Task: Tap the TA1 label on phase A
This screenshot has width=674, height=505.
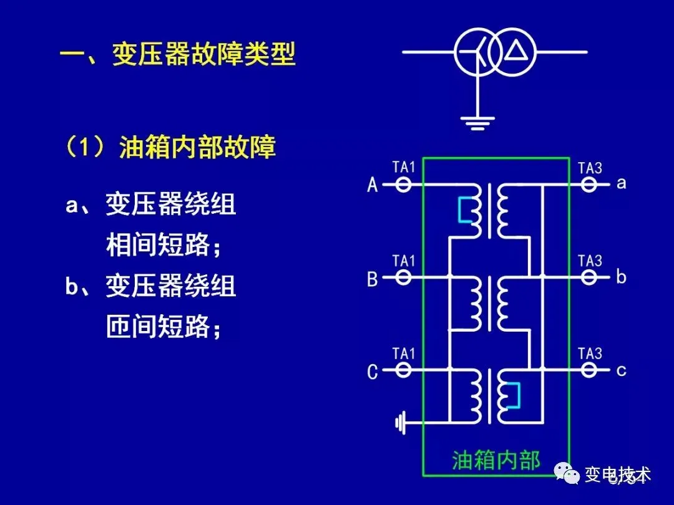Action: pos(404,167)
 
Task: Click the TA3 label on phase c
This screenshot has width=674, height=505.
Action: pos(590,353)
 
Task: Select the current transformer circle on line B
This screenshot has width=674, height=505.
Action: pos(404,276)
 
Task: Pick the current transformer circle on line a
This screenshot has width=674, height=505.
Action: pos(589,185)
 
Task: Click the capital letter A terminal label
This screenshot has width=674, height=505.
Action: pos(373,185)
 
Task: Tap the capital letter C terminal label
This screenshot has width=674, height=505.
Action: pos(373,372)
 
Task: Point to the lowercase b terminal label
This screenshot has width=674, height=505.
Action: pos(620,276)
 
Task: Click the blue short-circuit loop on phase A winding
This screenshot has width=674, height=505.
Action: pos(464,210)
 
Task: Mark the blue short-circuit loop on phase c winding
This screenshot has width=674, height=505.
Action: pos(514,395)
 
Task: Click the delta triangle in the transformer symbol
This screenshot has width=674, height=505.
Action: pos(515,50)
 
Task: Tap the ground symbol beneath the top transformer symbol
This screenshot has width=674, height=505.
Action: pos(477,122)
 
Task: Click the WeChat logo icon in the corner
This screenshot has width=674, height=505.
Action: pos(567,476)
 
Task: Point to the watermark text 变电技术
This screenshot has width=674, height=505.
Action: pos(618,475)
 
